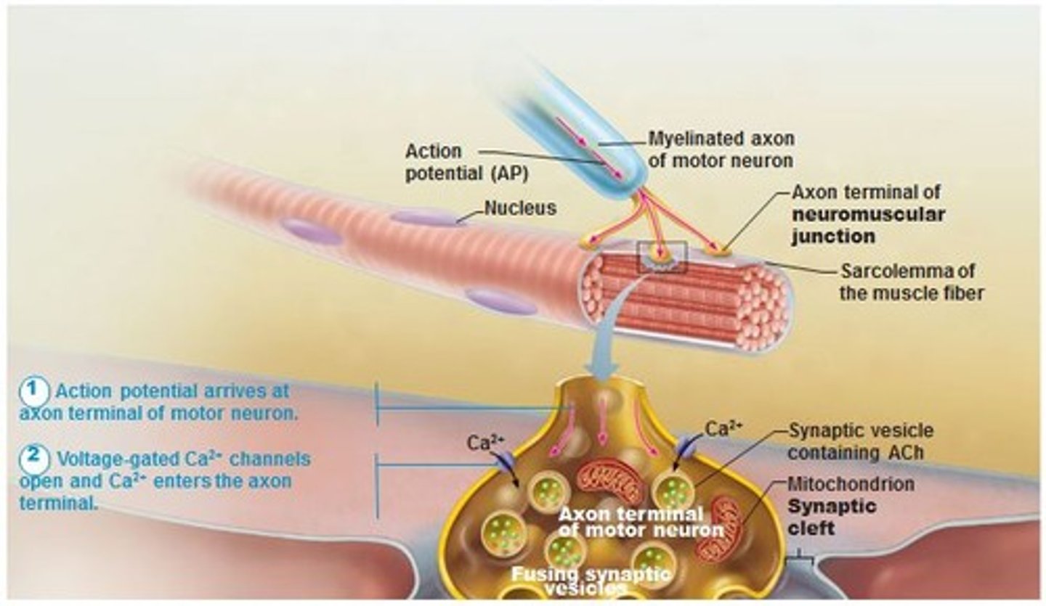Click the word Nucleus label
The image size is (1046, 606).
coord(520,209)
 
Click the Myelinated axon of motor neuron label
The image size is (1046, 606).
coord(721,150)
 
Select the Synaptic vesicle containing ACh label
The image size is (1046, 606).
coord(860,442)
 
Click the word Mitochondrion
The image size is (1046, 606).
coord(851,483)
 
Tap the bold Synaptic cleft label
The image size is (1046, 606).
coord(822,516)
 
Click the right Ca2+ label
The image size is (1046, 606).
coord(724,429)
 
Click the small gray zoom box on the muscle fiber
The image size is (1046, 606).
coord(661,258)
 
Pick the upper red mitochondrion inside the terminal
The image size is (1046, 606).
coord(609,481)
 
